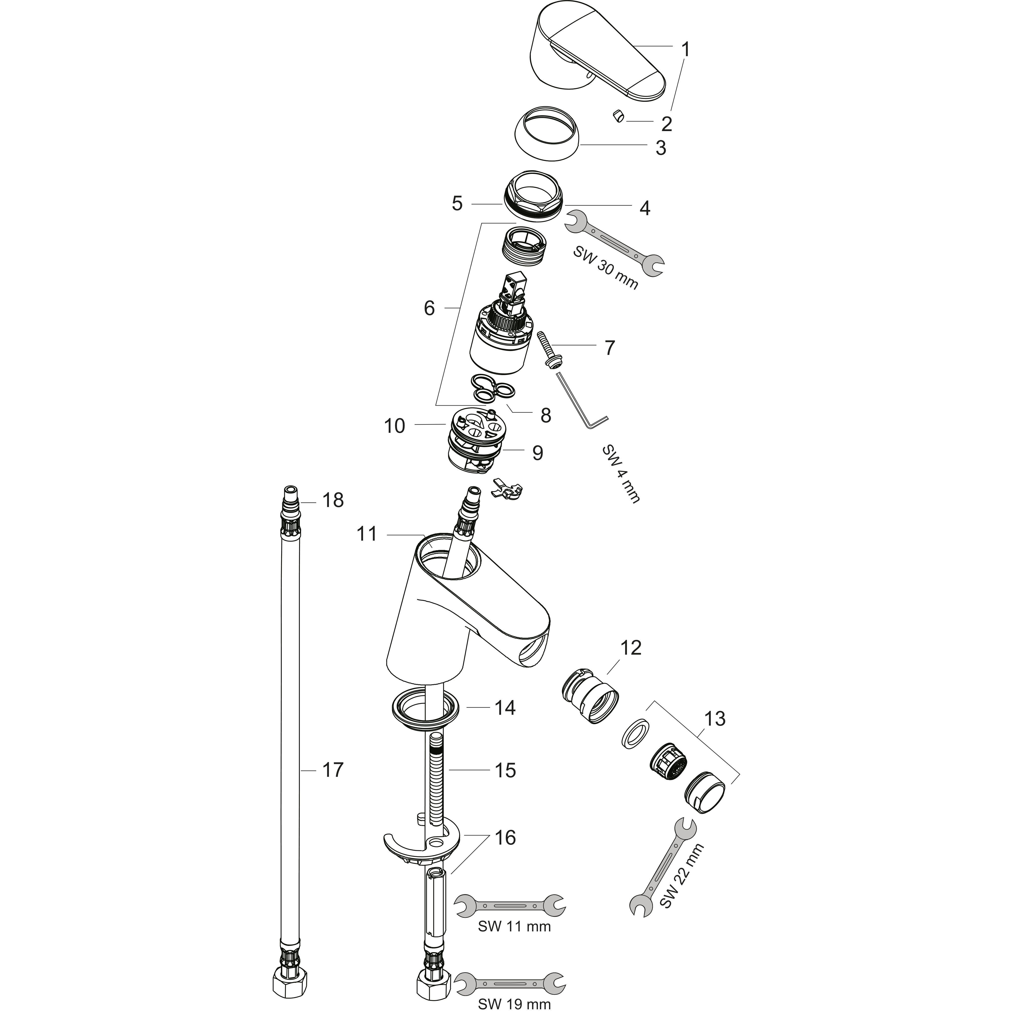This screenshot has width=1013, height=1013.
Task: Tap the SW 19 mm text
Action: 514,1004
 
